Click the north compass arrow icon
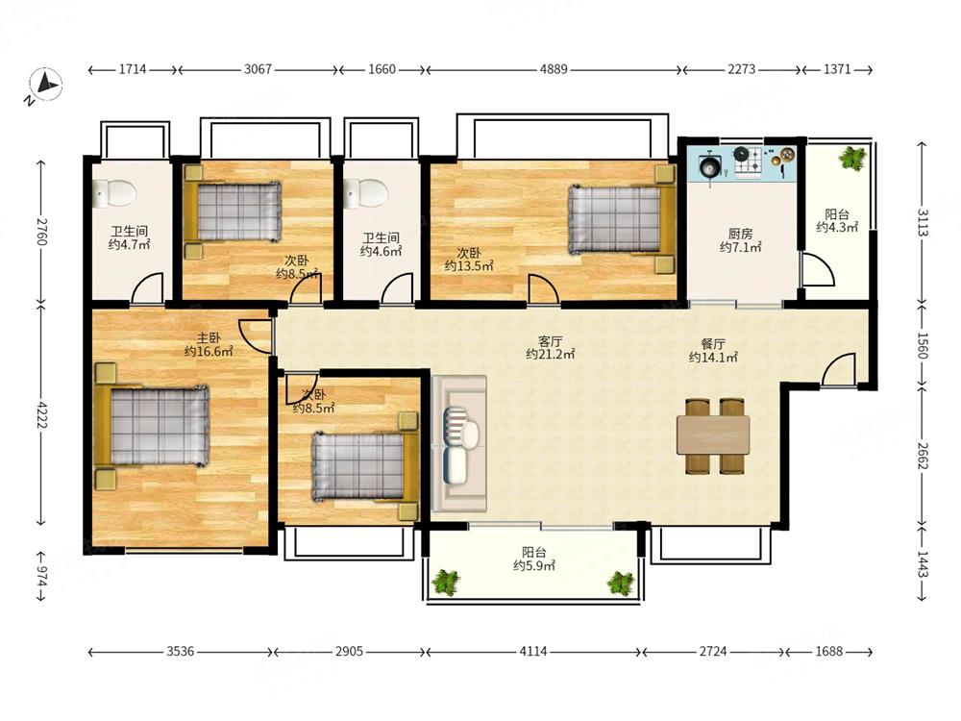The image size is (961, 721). pyautogui.click(x=46, y=84)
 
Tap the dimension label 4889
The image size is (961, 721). pyautogui.click(x=554, y=70)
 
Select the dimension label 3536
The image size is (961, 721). pyautogui.click(x=181, y=651)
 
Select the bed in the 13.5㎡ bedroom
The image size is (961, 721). pyautogui.click(x=622, y=218)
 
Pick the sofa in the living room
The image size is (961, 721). pyautogui.click(x=459, y=444)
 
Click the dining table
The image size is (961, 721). pyautogui.click(x=713, y=435)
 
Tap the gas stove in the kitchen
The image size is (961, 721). pyautogui.click(x=748, y=161)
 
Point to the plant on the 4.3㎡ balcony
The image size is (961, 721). pyautogui.click(x=852, y=159)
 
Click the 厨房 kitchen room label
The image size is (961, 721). pyautogui.click(x=740, y=234)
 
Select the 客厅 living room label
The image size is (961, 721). pyautogui.click(x=550, y=341)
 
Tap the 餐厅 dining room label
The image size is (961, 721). pyautogui.click(x=713, y=344)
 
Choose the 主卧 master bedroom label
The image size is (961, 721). pyautogui.click(x=209, y=337)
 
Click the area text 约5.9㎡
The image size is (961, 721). pyautogui.click(x=534, y=566)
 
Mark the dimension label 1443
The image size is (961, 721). pyautogui.click(x=923, y=564)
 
